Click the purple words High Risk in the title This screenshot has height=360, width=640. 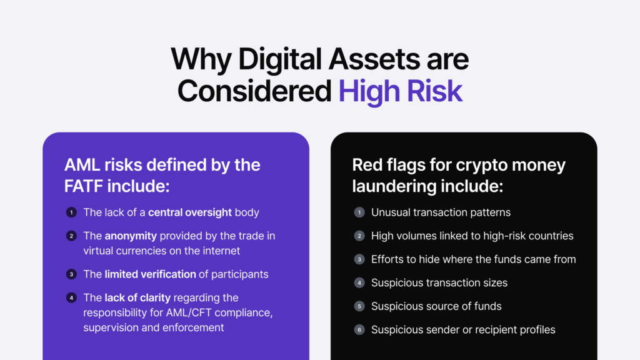coord(401,91)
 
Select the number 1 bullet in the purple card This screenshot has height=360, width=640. coord(71,212)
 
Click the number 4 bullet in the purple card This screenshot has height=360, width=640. coord(71,297)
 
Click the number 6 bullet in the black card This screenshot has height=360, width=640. coord(359,330)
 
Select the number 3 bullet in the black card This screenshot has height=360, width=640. coord(359,259)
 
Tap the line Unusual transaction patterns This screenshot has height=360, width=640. coord(441,212)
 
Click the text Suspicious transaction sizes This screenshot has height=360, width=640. coord(439,283)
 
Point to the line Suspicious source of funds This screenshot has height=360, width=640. coord(436,306)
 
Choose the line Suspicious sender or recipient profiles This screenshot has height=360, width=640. coord(463,330)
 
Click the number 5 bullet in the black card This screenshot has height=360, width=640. coord(359,306)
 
